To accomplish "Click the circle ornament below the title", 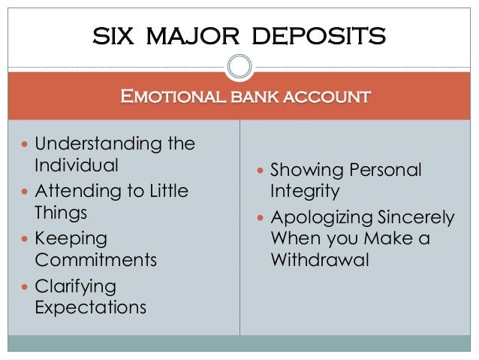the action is [239, 68].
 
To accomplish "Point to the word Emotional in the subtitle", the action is [166, 96].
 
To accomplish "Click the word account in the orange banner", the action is [324, 96].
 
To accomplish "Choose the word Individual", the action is [77, 165].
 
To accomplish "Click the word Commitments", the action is [96, 261].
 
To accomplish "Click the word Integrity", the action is [305, 192].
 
